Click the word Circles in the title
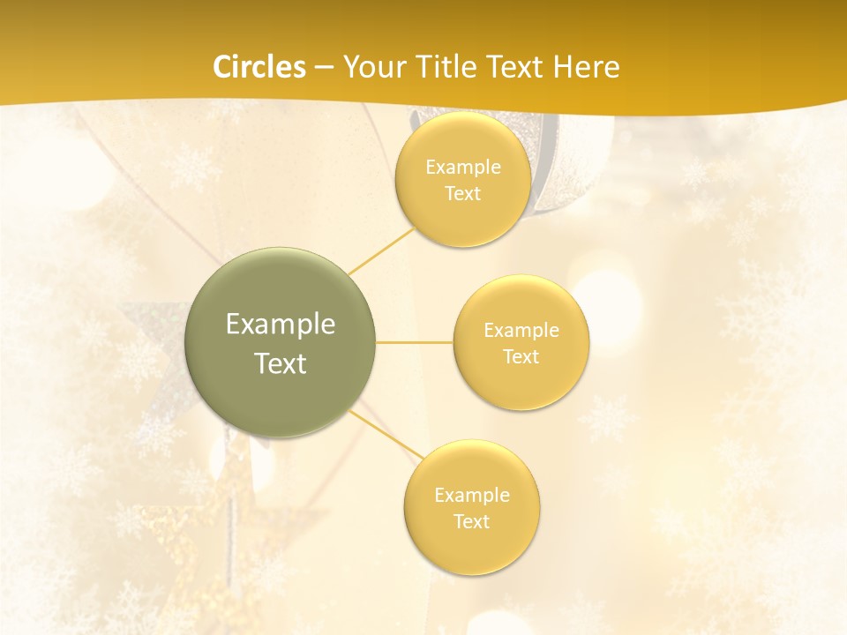[x=259, y=67]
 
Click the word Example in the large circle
[x=281, y=325]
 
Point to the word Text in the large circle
[x=281, y=363]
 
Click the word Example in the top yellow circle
[x=463, y=167]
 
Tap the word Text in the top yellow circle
[x=463, y=193]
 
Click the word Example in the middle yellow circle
[x=521, y=330]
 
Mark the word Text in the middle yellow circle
[x=521, y=356]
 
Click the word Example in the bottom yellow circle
[x=472, y=495]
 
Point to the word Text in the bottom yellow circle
[x=472, y=521]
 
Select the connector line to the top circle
[x=381, y=250]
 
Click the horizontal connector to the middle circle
[x=415, y=342]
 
